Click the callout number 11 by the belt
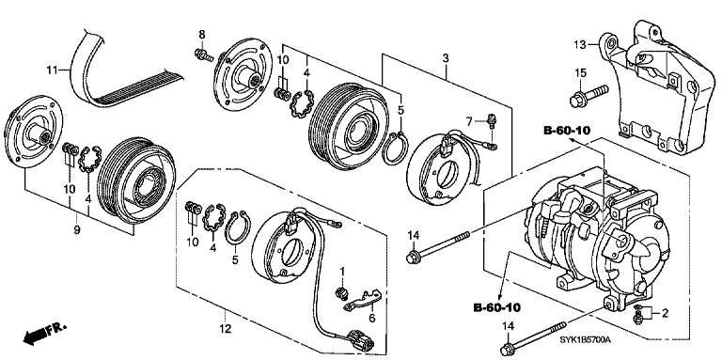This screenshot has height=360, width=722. pyautogui.click(x=54, y=68)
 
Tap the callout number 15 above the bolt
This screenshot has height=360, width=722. pyautogui.click(x=580, y=73)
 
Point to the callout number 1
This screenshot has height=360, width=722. pyautogui.click(x=344, y=271)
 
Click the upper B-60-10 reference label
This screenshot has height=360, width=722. pyautogui.click(x=572, y=129)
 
